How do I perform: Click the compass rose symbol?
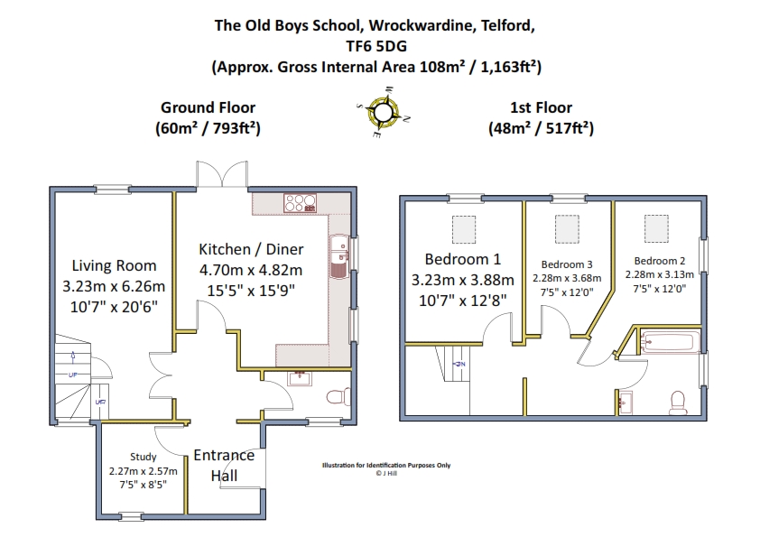click(x=383, y=113)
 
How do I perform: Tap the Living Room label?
click(x=114, y=265)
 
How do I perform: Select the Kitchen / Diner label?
click(x=251, y=249)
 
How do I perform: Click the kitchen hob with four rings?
click(x=300, y=203)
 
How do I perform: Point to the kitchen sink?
click(x=339, y=256)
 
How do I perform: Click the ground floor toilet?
click(x=338, y=397)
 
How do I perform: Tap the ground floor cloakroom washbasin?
click(x=300, y=378)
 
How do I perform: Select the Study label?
click(x=143, y=457)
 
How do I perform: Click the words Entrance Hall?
click(x=224, y=466)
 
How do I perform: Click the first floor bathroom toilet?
click(x=678, y=403)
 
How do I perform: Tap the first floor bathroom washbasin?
click(x=626, y=403)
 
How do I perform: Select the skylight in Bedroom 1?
click(x=464, y=229)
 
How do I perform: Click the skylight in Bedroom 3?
click(x=567, y=229)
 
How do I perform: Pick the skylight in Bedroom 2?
click(x=656, y=228)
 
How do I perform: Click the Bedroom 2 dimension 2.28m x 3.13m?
click(x=659, y=274)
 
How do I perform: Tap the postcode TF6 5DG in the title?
click(x=376, y=46)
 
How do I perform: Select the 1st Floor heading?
click(x=541, y=107)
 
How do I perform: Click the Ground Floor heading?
click(x=208, y=107)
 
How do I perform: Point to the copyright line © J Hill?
click(x=386, y=474)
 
